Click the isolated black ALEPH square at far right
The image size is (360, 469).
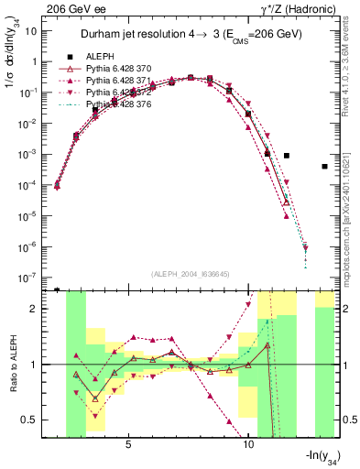click(x=325, y=166)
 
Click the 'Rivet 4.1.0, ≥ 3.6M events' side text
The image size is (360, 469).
click(x=350, y=78)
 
